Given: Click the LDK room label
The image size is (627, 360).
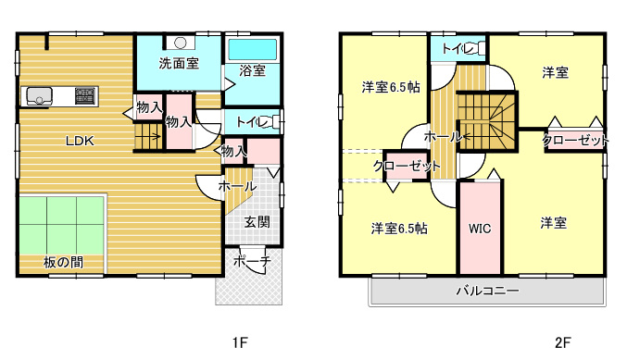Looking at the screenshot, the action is (80, 141).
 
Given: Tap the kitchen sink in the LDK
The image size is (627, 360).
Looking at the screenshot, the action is (39, 96).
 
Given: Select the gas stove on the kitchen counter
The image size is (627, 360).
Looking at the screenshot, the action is (85, 96).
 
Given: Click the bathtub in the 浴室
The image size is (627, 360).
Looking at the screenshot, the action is (252, 50).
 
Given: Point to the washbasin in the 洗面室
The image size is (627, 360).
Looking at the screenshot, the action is (181, 43).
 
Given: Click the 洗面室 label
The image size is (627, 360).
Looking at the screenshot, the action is (179, 63).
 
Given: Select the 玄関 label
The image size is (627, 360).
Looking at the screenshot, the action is (257, 222).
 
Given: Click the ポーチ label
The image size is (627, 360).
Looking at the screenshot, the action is (252, 261).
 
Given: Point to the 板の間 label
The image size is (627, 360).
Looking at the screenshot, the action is (63, 262).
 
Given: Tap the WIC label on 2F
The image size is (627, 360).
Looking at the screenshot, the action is (480, 229).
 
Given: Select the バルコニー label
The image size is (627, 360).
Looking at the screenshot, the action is (488, 291).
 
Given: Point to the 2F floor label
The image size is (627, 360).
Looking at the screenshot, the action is (562, 342).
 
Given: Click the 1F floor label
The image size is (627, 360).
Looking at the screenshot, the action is (240, 342).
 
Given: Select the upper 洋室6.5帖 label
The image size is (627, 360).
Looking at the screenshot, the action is (391, 87).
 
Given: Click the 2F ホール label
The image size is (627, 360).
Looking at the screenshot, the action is (443, 137).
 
